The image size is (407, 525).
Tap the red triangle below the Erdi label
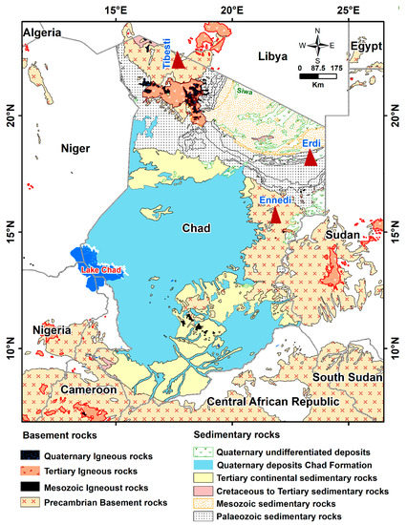point(310,158)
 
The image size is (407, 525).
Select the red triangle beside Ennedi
point(275,216)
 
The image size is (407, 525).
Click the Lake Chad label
point(102,270)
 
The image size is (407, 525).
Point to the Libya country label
point(276,58)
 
